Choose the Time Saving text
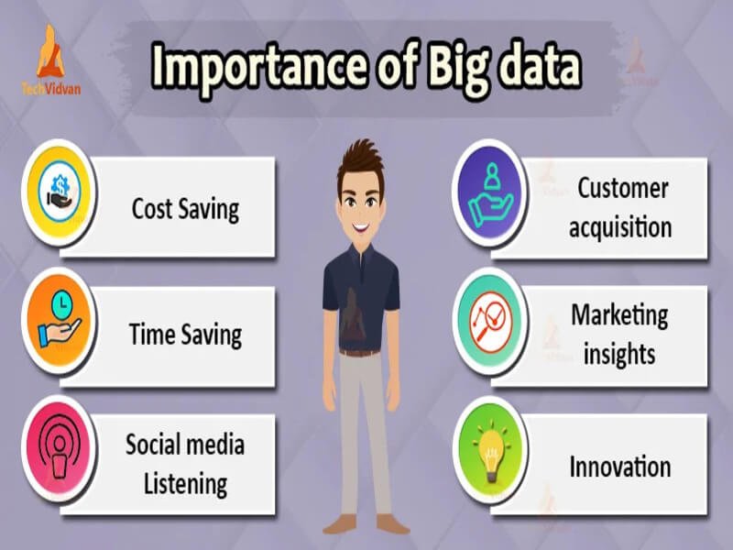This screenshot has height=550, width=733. pyautogui.click(x=185, y=334)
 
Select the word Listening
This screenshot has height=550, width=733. pyautogui.click(x=184, y=482)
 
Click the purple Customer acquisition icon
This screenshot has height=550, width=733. pyautogui.click(x=490, y=192)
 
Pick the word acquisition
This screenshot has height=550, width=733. pyautogui.click(x=619, y=226)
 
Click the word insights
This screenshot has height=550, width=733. pyautogui.click(x=619, y=353)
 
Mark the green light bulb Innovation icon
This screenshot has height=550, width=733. pyautogui.click(x=490, y=452)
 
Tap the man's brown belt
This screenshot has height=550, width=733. pyautogui.click(x=359, y=351)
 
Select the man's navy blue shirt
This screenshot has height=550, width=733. pyautogui.click(x=359, y=293)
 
